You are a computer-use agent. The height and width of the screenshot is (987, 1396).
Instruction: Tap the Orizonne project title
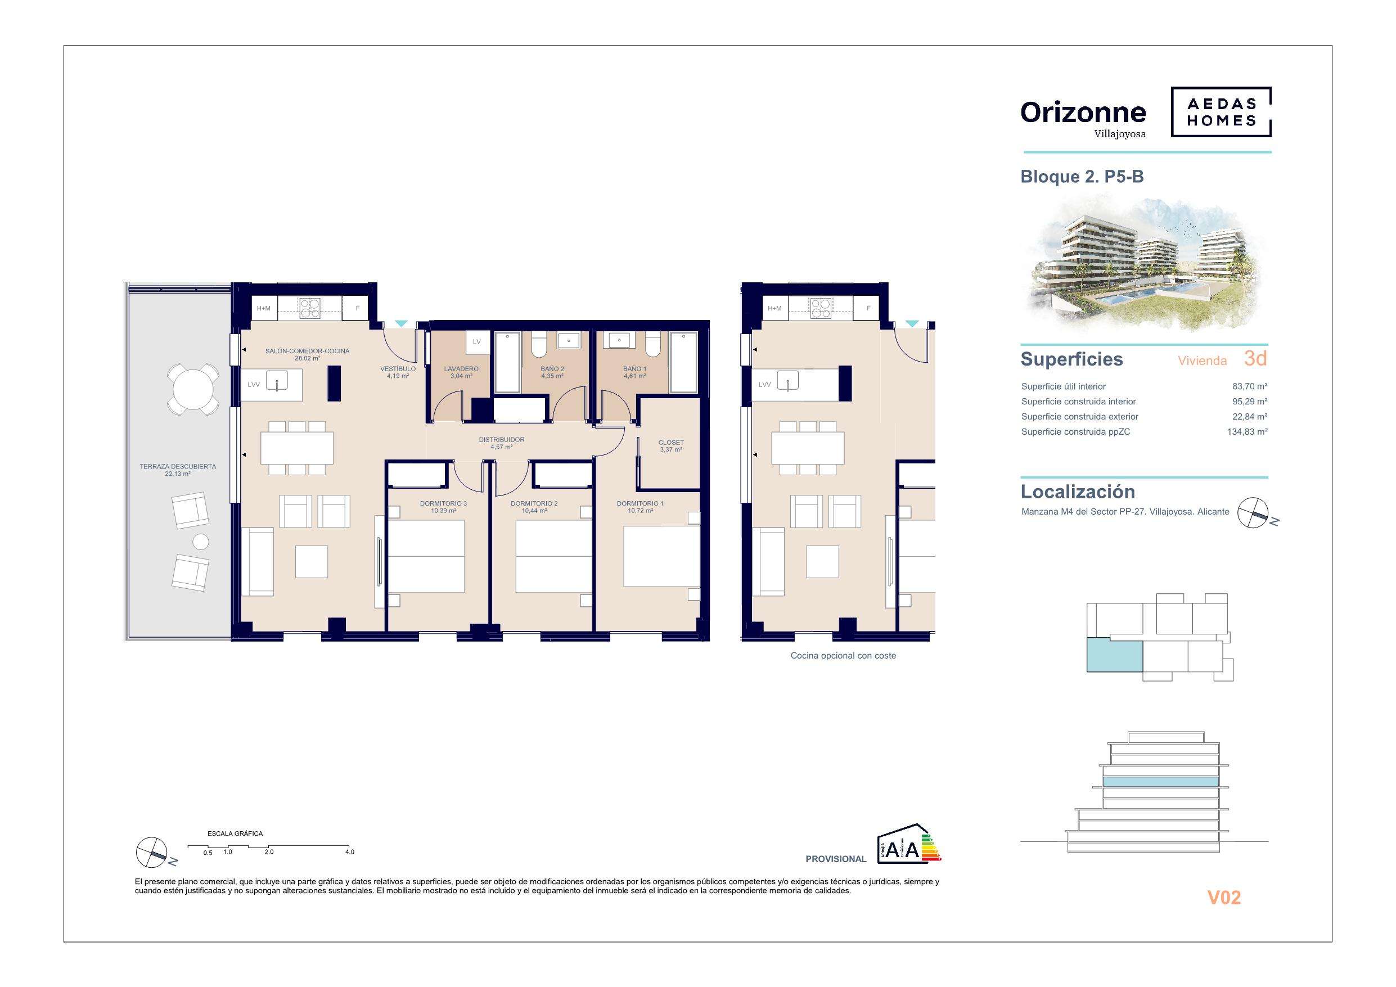(x=1083, y=112)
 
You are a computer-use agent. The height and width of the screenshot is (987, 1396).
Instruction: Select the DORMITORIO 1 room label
(x=640, y=503)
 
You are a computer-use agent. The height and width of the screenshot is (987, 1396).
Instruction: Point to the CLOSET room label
(x=671, y=443)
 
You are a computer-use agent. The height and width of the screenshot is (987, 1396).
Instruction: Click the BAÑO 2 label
(x=552, y=369)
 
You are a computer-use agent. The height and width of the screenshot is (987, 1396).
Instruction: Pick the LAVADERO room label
(x=461, y=369)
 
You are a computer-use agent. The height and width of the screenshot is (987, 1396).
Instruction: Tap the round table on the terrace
(x=192, y=389)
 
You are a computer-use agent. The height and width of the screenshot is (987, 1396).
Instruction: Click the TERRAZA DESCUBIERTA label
(x=178, y=467)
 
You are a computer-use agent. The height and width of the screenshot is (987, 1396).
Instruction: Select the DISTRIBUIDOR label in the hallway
(x=502, y=440)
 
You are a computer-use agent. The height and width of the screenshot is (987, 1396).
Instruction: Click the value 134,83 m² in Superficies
(x=1247, y=432)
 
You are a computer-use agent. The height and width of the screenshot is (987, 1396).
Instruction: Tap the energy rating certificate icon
(x=909, y=844)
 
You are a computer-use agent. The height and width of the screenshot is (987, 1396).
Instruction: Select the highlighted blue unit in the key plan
(x=1114, y=655)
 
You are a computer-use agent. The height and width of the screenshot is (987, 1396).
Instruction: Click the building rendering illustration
(x=1146, y=264)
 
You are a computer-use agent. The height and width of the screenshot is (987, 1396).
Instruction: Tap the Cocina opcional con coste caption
(x=843, y=656)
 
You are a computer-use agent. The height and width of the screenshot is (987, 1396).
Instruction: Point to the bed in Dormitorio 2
(x=554, y=556)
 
